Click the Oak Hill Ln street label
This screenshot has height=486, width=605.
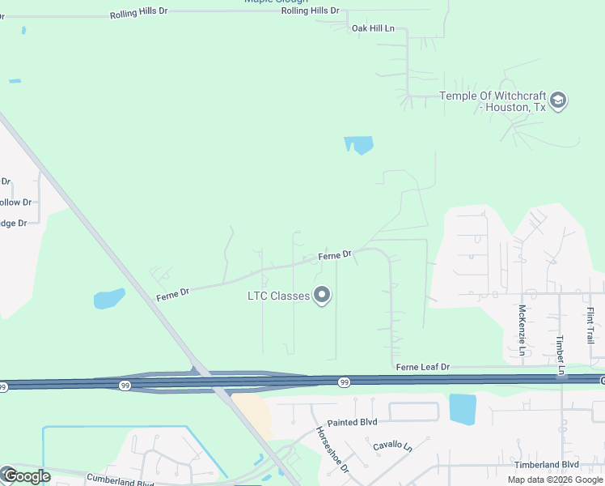[x=373, y=28]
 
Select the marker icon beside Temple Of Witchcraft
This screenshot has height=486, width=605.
[x=558, y=101]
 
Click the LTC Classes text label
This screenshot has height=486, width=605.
[x=278, y=296]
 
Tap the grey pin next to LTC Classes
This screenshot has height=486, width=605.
[x=323, y=296]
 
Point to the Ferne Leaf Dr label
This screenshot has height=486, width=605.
[x=422, y=367]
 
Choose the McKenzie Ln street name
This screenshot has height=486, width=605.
[x=522, y=331]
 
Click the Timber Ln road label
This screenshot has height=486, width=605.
[x=560, y=356]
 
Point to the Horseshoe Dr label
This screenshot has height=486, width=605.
[x=332, y=450]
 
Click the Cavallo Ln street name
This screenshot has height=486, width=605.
[x=392, y=446]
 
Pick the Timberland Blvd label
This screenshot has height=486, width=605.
[x=547, y=464]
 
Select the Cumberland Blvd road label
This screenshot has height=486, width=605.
[x=119, y=479]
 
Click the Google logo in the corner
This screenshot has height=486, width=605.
[x=26, y=475]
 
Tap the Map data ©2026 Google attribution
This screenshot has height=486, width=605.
[x=555, y=480]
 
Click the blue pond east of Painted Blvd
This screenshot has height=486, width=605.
[x=463, y=409]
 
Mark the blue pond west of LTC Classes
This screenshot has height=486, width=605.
[x=109, y=299]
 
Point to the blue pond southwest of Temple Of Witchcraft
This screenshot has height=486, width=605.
[x=358, y=146]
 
